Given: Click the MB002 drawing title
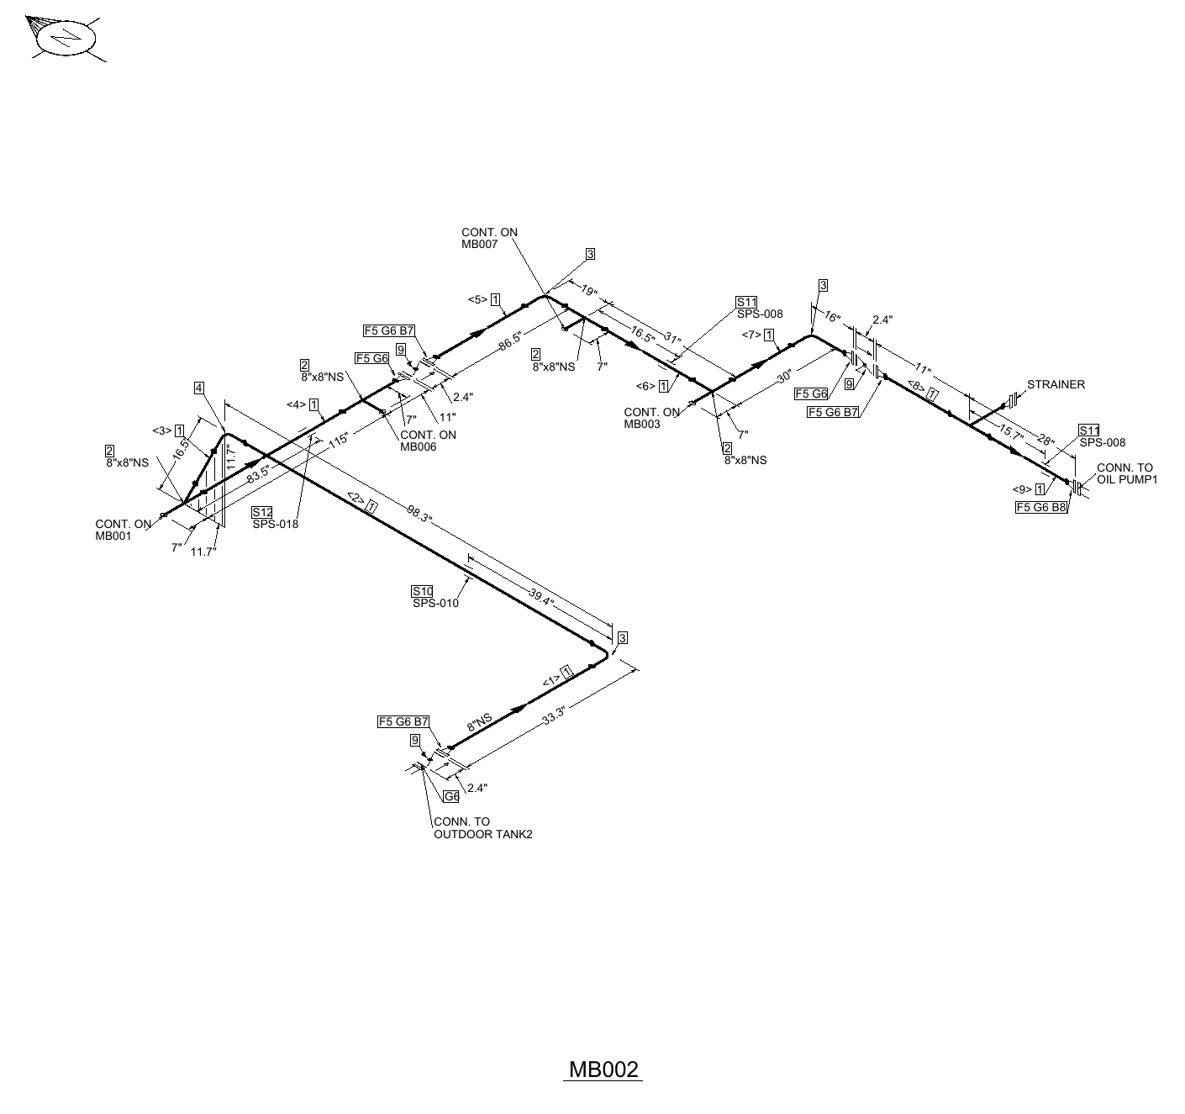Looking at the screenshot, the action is coord(603,1069).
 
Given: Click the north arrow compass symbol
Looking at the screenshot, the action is coord(65,38).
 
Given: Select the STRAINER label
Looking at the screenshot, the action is coord(1056,384).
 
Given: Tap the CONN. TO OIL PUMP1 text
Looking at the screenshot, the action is coord(1126,473).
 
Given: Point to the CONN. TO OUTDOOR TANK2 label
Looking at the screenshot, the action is coord(482,828).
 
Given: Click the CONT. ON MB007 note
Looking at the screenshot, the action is coord(489,238).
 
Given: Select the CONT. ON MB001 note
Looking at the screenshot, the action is coord(123,530).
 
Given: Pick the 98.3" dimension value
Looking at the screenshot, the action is coord(419,514).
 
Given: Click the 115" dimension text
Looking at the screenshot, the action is coord(339,440).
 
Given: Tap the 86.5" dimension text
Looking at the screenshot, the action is coord(510,341).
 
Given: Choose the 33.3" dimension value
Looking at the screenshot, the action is coord(554,715).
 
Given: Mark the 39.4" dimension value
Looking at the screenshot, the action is coord(541,597).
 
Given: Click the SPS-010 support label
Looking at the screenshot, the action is coord(435,603).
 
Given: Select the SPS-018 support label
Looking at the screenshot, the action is coord(275,524).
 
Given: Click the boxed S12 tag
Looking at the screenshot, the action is coord(262,512).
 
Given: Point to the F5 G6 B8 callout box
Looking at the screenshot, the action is coord(1041,508).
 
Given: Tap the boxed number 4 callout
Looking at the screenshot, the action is coord(199,388).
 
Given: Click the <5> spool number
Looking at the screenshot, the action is coord(477,299).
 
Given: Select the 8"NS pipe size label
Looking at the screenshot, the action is coord(479,722).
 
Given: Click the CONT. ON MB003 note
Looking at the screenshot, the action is coord(651,418).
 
